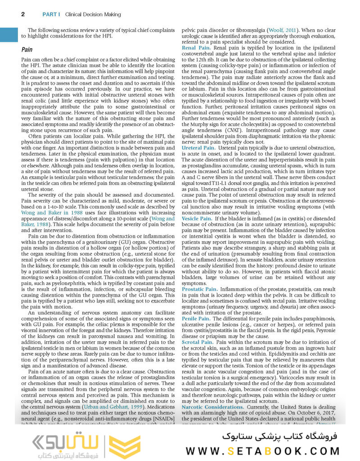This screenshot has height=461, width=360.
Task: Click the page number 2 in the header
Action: click(x=23, y=14)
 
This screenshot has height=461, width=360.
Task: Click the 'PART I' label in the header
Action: click(x=51, y=14)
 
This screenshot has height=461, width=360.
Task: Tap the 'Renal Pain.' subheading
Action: click(x=196, y=47)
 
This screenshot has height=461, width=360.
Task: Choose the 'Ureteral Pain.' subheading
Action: click(x=198, y=148)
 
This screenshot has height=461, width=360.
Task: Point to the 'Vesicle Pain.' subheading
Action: click(x=197, y=218)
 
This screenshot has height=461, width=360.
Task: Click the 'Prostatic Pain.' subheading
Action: click(x=199, y=289)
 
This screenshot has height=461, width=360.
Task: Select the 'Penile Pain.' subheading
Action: click(x=196, y=318)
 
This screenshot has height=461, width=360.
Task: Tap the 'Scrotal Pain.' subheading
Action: click(x=197, y=342)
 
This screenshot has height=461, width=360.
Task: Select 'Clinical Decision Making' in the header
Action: click(x=93, y=14)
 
